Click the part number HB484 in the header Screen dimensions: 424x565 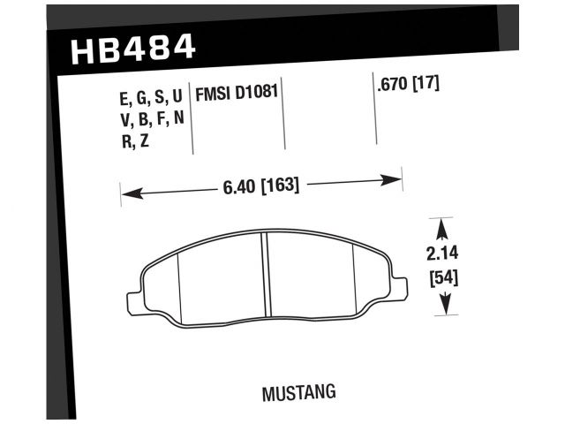[132, 49]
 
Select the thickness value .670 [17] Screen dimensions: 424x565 [408, 86]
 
